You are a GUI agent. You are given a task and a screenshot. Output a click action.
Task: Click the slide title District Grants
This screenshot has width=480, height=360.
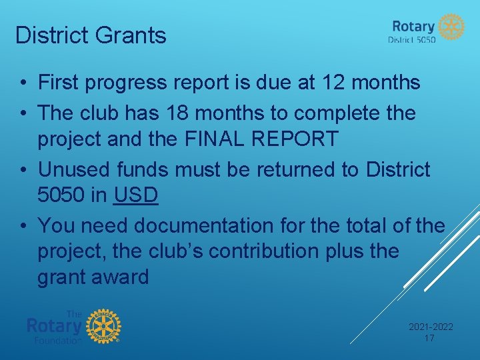91,35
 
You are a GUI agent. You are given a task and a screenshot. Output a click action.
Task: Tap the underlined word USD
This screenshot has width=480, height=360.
136,195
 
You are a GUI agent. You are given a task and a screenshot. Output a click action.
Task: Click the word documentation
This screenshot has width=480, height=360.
204,226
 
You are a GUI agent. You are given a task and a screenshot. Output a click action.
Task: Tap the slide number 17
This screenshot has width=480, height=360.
430,338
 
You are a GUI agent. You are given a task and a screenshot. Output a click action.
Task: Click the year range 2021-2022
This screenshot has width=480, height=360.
430,327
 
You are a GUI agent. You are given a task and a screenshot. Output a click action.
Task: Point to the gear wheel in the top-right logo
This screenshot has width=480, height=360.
451,27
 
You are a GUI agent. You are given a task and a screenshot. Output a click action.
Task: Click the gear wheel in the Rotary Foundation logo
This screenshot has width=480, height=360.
103,326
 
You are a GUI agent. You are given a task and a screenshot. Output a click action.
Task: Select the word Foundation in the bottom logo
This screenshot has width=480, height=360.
58,340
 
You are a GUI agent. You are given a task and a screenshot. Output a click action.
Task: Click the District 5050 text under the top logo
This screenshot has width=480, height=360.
411,40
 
